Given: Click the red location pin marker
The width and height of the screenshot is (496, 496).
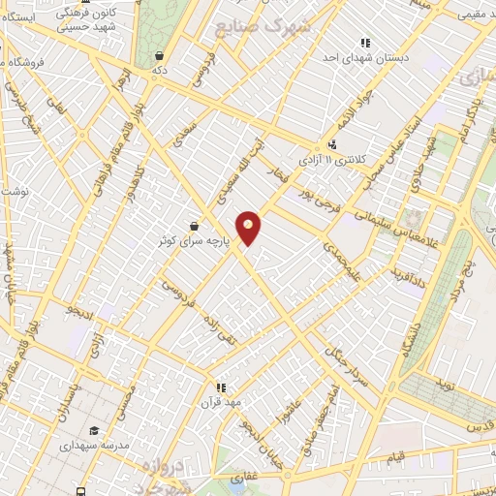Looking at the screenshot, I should [x=250, y=226].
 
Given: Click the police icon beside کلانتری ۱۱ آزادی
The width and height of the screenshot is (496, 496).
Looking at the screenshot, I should [x=332, y=145].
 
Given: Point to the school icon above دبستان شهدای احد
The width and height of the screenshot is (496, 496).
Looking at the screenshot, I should [x=365, y=43].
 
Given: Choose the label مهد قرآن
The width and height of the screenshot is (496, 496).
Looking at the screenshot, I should [x=220, y=398].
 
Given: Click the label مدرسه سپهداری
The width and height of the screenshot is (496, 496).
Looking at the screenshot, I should [x=94, y=447].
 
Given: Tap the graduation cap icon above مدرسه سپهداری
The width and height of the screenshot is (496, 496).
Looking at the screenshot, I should [x=94, y=431].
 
